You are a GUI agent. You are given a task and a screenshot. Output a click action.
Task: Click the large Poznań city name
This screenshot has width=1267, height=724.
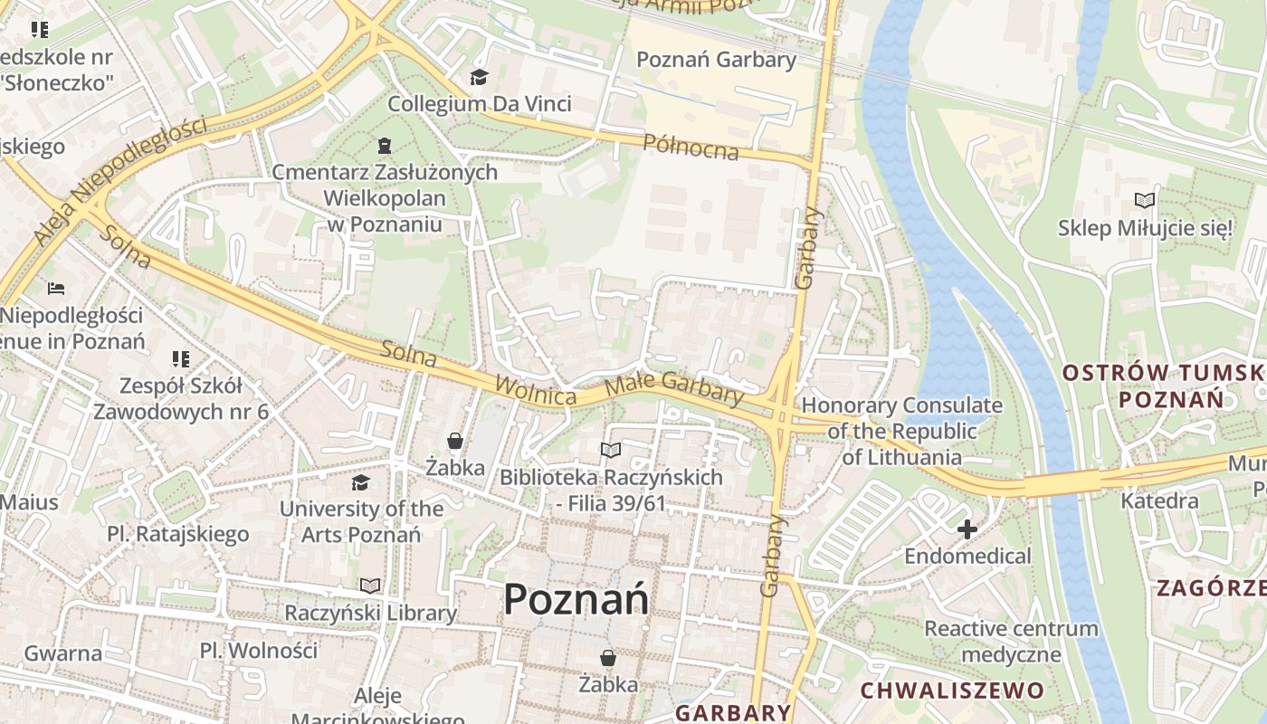pos(576,599)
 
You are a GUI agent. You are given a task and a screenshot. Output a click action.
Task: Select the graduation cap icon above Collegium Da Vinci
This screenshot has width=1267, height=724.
pos(479,78)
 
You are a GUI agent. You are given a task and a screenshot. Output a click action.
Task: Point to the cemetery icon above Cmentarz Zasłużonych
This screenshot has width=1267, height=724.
pos(385,145)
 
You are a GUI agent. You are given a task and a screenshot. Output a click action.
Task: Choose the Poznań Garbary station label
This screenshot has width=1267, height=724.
pos(716,60)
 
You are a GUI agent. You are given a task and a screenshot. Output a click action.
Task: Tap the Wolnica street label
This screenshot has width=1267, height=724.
pos(536,390)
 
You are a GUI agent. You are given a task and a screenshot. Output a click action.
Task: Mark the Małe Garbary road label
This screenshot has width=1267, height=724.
pos(673,386)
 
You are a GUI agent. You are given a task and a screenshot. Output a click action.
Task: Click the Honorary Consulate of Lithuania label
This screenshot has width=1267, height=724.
pos(901,431)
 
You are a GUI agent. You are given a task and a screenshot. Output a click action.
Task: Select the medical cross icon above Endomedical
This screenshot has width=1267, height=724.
pos(967,529)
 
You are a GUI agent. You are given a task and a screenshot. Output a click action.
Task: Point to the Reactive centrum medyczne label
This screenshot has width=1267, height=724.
pos(1011,641)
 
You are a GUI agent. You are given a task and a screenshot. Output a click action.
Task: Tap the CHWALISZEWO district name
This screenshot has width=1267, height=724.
pos(951,691)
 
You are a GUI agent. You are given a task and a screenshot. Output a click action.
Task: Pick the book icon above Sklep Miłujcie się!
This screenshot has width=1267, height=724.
pos(1145,201)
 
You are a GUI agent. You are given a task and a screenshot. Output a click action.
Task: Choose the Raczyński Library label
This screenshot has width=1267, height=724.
pos(370,613)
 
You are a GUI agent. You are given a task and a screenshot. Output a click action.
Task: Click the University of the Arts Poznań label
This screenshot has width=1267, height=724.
pos(361,521)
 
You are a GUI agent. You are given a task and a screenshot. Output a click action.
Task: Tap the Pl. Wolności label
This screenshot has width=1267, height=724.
pos(259,650)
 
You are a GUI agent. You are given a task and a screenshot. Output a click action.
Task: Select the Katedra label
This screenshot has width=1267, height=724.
pos(1159,500)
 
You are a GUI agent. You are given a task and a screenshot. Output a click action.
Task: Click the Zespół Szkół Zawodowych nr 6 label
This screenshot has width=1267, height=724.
pos(181,399)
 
